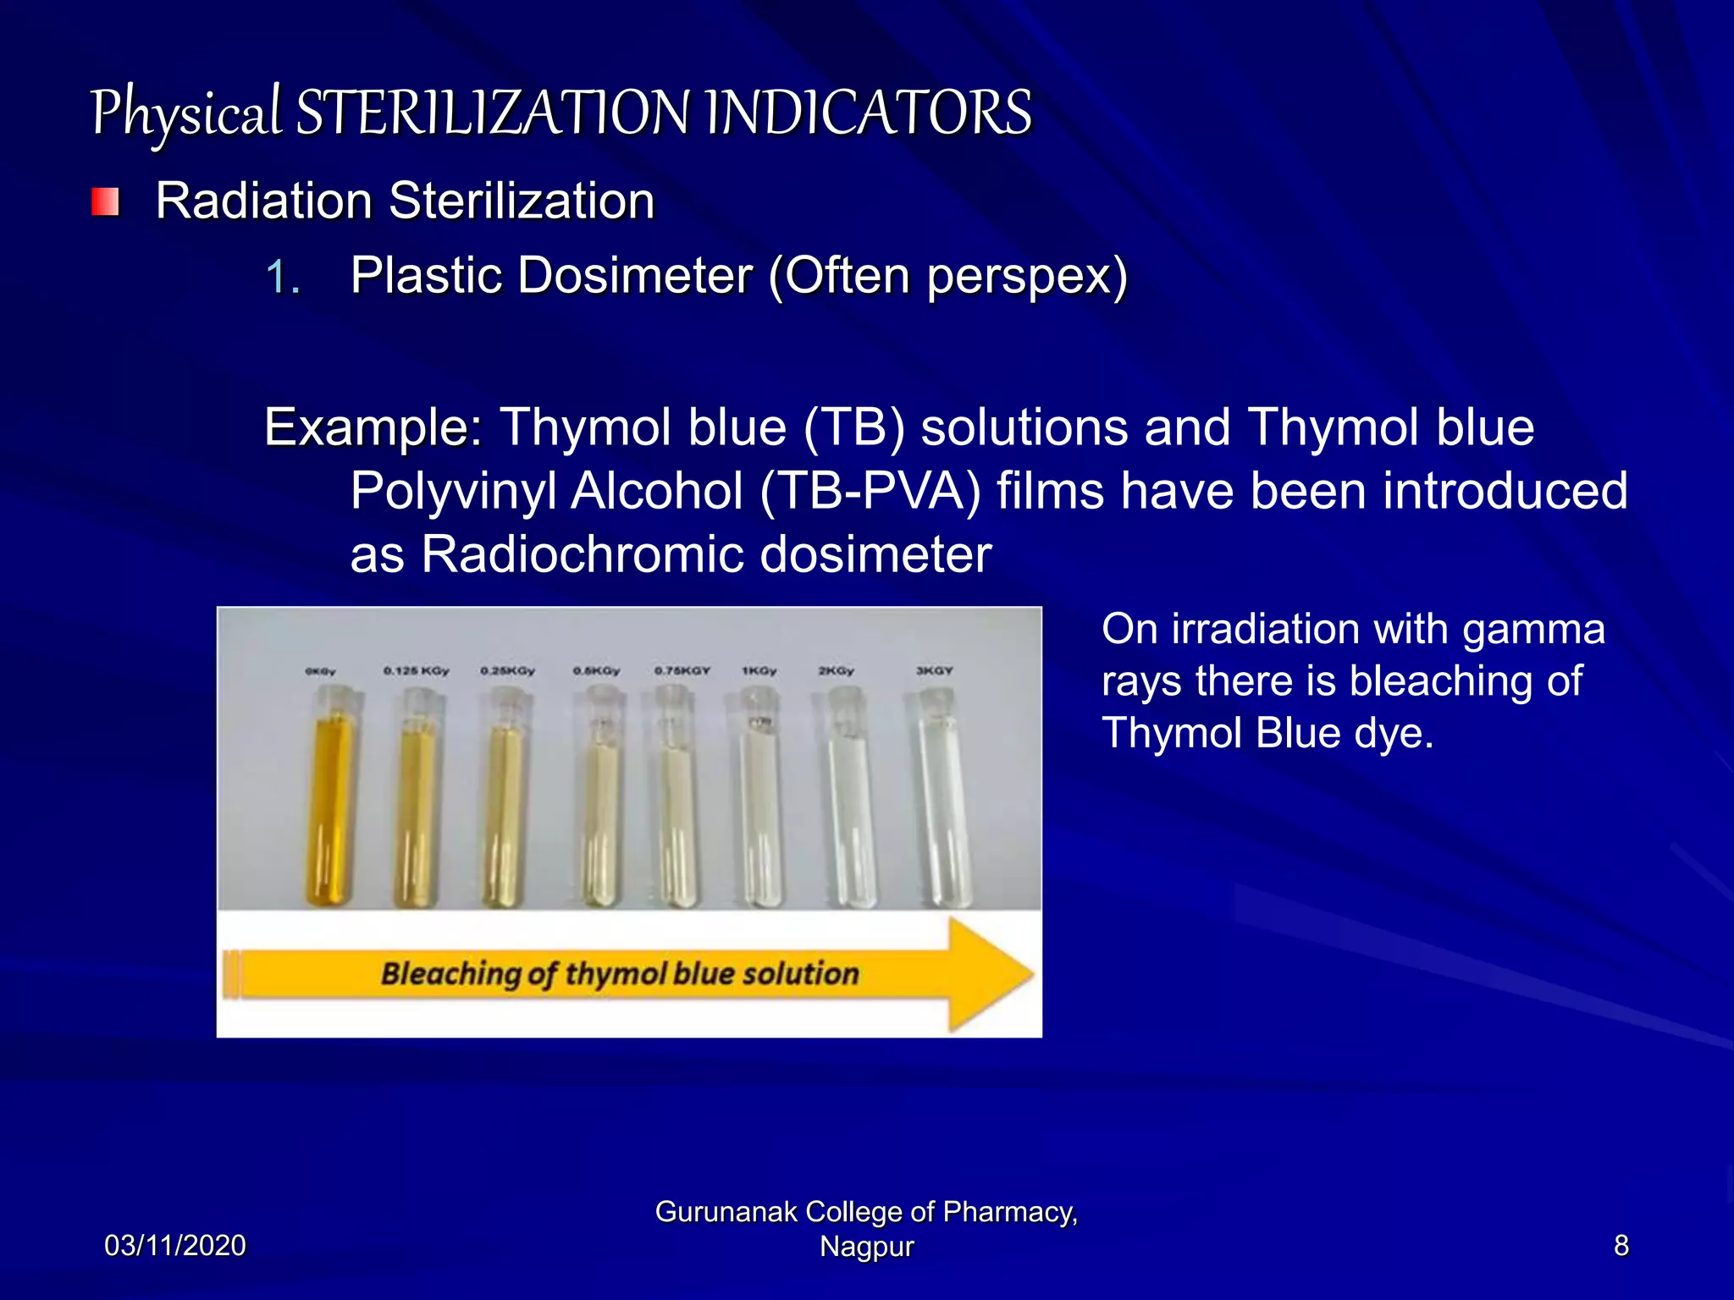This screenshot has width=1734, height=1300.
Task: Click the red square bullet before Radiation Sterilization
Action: click(x=105, y=201)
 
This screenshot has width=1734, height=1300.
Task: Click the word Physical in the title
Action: click(x=185, y=113)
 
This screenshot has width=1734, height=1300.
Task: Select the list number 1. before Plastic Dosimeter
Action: click(x=282, y=278)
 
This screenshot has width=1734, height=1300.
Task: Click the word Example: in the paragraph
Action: click(x=373, y=427)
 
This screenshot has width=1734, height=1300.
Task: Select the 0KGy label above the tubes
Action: click(x=321, y=671)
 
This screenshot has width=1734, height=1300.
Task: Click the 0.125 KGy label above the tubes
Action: click(x=416, y=670)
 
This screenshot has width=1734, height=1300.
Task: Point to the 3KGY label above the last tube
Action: click(x=934, y=670)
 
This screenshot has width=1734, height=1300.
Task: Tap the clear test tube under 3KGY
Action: click(x=942, y=804)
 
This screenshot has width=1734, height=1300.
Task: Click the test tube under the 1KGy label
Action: click(x=759, y=804)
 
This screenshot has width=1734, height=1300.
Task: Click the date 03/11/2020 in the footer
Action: click(x=174, y=1246)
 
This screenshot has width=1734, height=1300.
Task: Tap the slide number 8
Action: click(x=1621, y=1246)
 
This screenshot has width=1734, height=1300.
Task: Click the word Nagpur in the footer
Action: click(x=866, y=1248)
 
